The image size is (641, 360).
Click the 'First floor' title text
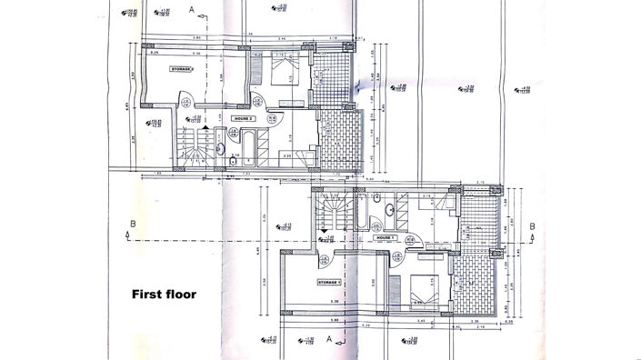[164, 294]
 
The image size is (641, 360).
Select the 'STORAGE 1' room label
[329, 283]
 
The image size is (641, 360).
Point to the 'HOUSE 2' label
[242, 118]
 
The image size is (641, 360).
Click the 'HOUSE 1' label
[385, 237]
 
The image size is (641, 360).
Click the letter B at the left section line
[133, 223]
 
